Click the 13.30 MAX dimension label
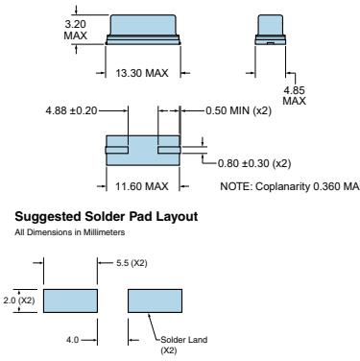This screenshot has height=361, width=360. (x=142, y=73)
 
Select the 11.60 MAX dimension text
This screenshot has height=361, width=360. (x=142, y=186)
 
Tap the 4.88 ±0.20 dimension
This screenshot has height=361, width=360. (x=71, y=110)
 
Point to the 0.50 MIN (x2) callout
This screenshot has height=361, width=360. (x=238, y=110)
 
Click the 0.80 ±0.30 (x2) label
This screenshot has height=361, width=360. (x=254, y=163)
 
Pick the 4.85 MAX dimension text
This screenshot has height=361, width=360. (x=295, y=95)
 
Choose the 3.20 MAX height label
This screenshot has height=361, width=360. (x=76, y=30)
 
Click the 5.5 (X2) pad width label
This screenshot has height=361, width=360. (x=132, y=263)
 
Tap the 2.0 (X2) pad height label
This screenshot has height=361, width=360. (x=19, y=301)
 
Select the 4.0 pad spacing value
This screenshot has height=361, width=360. (x=72, y=340)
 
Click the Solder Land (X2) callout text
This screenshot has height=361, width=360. (x=183, y=345)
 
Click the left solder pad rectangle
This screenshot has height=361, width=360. (x=70, y=301)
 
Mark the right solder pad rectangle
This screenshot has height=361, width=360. (x=156, y=301)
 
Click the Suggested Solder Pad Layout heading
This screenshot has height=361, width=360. (x=107, y=217)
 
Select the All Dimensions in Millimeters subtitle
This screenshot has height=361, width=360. (x=70, y=232)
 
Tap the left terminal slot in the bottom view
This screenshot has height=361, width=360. (x=117, y=150)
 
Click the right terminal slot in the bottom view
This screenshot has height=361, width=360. (x=169, y=150)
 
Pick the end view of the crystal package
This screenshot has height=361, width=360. (x=270, y=30)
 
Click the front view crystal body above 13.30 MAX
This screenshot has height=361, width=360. (x=143, y=30)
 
